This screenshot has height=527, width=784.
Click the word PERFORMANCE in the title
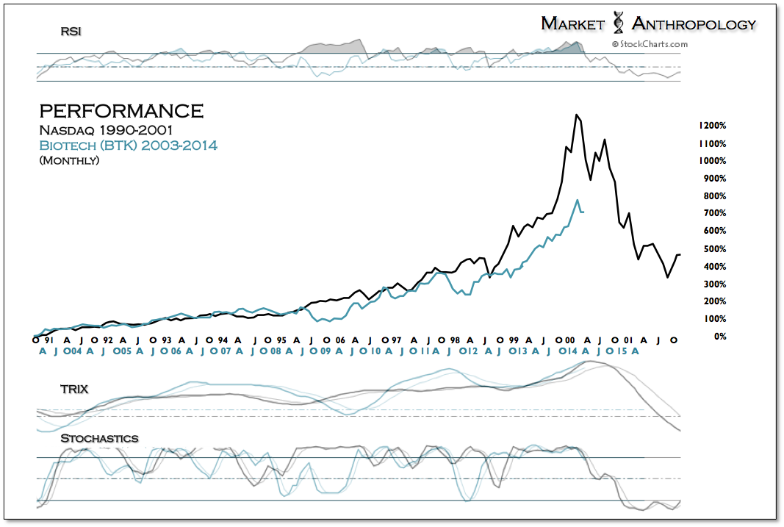[121, 111]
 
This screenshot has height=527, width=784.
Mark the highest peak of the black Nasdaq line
[577, 115]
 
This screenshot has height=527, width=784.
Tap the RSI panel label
[71, 32]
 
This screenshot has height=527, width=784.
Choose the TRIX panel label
[74, 389]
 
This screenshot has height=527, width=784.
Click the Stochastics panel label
[99, 439]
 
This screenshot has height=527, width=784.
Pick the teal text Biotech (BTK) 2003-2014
[128, 145]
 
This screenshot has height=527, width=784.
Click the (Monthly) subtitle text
[69, 159]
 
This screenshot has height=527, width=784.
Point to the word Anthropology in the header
[694, 24]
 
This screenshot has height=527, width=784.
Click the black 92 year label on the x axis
[107, 340]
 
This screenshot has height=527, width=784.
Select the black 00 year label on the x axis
[569, 340]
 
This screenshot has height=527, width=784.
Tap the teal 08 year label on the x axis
[273, 351]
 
